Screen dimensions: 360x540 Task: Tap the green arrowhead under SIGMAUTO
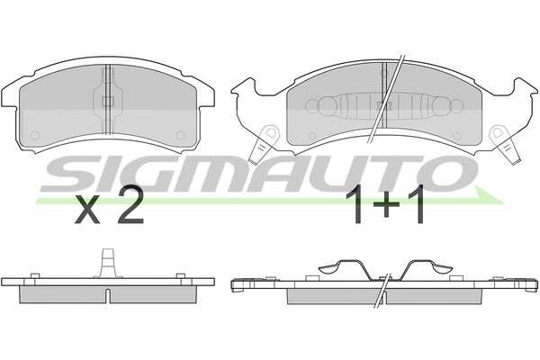click(490, 197)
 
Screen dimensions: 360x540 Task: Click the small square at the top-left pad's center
click(108, 101)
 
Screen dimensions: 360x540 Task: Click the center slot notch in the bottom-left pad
click(108, 296)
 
